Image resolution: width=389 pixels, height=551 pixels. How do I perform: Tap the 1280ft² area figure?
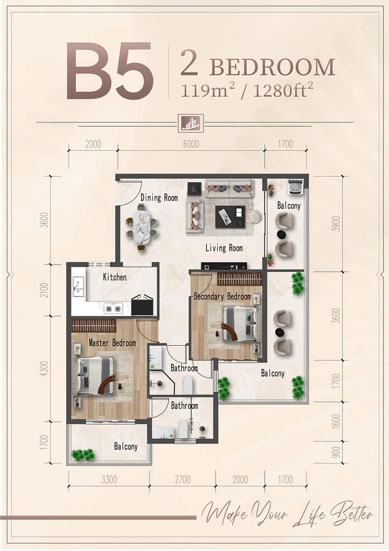coord(282,91)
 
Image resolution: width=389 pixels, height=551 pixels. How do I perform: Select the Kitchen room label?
coord(115,277)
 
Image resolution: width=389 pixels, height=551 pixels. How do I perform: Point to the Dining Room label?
coord(159,198)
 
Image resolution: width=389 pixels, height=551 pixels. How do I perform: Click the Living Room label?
coord(224,248)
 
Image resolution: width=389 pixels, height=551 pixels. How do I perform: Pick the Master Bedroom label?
coord(112,343)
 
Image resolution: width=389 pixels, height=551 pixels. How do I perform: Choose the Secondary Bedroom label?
coord(222,296)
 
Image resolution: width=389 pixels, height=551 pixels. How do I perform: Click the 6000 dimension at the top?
coord(191,144)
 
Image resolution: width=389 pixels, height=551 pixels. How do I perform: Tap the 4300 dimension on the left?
coord(44,369)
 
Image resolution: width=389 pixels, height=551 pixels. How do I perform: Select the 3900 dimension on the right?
coord(336,224)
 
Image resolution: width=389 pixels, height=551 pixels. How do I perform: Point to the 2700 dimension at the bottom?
coord(182,479)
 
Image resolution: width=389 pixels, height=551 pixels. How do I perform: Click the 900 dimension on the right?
coord(336,452)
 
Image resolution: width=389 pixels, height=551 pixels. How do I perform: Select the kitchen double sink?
coord(79,287)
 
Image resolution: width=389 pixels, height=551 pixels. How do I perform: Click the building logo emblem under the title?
coord(190,123)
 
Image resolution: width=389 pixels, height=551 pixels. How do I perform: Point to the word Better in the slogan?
coord(351,514)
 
